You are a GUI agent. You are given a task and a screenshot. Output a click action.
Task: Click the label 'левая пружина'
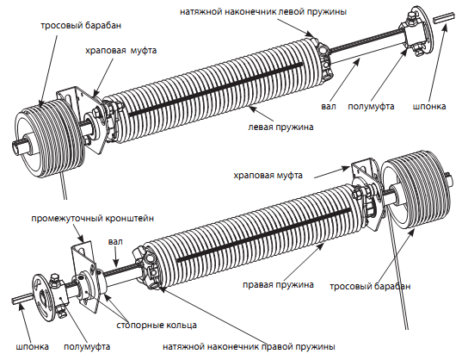tap(280, 127)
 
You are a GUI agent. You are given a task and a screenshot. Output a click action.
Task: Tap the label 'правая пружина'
tap(278, 285)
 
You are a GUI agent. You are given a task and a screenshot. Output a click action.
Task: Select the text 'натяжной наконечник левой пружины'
tap(263, 12)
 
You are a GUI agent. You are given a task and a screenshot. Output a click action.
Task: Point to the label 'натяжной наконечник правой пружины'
tap(249, 346)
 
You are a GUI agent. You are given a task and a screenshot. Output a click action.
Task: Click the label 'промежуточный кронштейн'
tap(93, 219)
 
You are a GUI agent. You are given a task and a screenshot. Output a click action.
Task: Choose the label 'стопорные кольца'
tap(157, 326)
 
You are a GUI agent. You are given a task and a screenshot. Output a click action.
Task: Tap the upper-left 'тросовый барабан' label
tap(81, 25)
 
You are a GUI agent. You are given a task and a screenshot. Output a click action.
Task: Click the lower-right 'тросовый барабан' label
tap(370, 286)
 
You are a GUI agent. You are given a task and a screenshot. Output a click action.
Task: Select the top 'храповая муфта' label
tap(120, 51)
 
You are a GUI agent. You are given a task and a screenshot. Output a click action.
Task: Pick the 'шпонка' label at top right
tap(429, 106)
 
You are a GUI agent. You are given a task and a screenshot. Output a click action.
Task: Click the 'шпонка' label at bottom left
tap(32, 346)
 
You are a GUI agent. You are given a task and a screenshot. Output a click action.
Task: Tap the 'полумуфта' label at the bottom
tap(87, 346)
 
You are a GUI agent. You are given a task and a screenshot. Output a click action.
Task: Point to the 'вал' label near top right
tap(329, 106)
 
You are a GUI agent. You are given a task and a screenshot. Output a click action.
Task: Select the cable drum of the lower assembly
tap(416, 189)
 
